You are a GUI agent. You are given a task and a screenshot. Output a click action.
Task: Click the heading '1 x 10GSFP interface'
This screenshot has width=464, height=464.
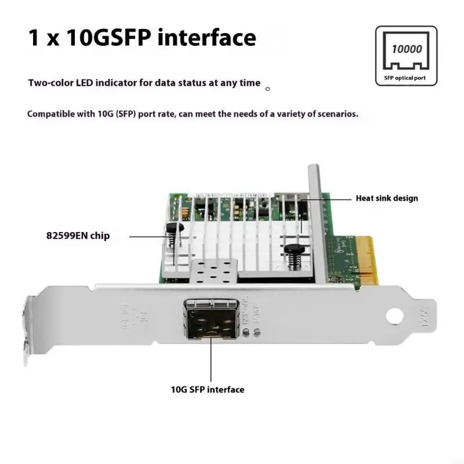(x=142, y=38)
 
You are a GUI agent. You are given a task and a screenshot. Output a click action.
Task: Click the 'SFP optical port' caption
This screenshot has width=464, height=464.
(x=406, y=77)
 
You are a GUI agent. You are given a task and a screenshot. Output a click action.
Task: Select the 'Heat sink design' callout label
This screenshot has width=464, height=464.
(x=386, y=198)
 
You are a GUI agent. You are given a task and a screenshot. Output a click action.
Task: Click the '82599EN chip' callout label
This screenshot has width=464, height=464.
(x=78, y=236)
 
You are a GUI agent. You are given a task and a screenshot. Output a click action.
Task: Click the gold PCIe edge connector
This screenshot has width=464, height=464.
(x=367, y=259)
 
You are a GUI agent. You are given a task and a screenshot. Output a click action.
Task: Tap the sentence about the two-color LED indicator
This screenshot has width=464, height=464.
(x=144, y=83)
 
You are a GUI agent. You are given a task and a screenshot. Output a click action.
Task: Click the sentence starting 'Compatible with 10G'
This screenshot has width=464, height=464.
(x=193, y=114)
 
